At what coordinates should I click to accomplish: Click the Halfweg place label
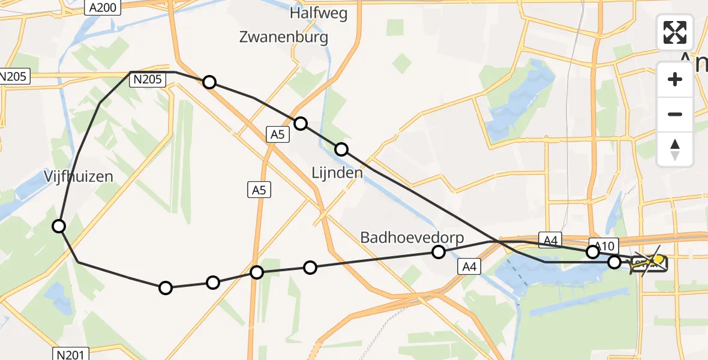pos(318,13)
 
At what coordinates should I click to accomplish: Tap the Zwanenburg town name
pos(284,37)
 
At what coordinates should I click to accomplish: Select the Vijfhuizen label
pos(79,176)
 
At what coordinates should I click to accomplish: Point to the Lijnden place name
pos(337,173)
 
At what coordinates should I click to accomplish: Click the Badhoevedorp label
pos(412,238)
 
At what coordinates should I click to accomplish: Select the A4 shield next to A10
pos(549,240)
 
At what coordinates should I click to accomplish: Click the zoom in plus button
pos(675,79)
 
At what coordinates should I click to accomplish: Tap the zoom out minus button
pos(675,114)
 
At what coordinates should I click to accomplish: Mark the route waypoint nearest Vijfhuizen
pos(59,226)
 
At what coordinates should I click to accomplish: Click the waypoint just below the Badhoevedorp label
pos(439,252)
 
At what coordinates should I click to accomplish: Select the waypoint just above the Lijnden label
pos(341,149)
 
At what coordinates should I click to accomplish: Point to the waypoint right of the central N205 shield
pos(209,82)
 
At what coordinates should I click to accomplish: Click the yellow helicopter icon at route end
pos(650,262)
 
